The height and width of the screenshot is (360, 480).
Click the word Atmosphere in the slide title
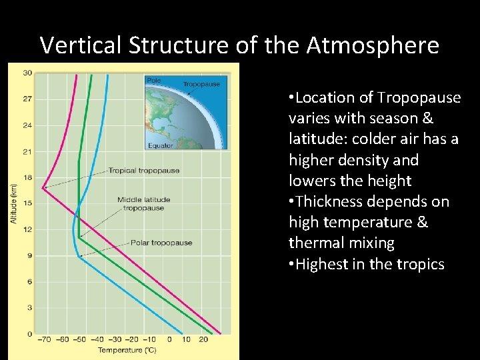tap(373, 45)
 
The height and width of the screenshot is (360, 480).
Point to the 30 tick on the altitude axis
tap(27, 73)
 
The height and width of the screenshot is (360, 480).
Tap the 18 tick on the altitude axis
tap(27, 177)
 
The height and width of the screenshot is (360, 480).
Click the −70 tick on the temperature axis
tap(44, 339)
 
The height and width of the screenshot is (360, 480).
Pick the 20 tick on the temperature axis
tap(203, 339)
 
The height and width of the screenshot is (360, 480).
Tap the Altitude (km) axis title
tap(14, 203)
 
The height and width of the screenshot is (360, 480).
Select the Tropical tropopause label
tap(143, 171)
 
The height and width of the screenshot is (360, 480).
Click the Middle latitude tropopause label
tap(143, 204)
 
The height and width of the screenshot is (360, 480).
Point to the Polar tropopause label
tap(161, 243)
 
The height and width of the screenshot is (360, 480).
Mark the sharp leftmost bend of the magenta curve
tap(44, 188)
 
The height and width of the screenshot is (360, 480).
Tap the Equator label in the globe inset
tap(160, 145)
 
